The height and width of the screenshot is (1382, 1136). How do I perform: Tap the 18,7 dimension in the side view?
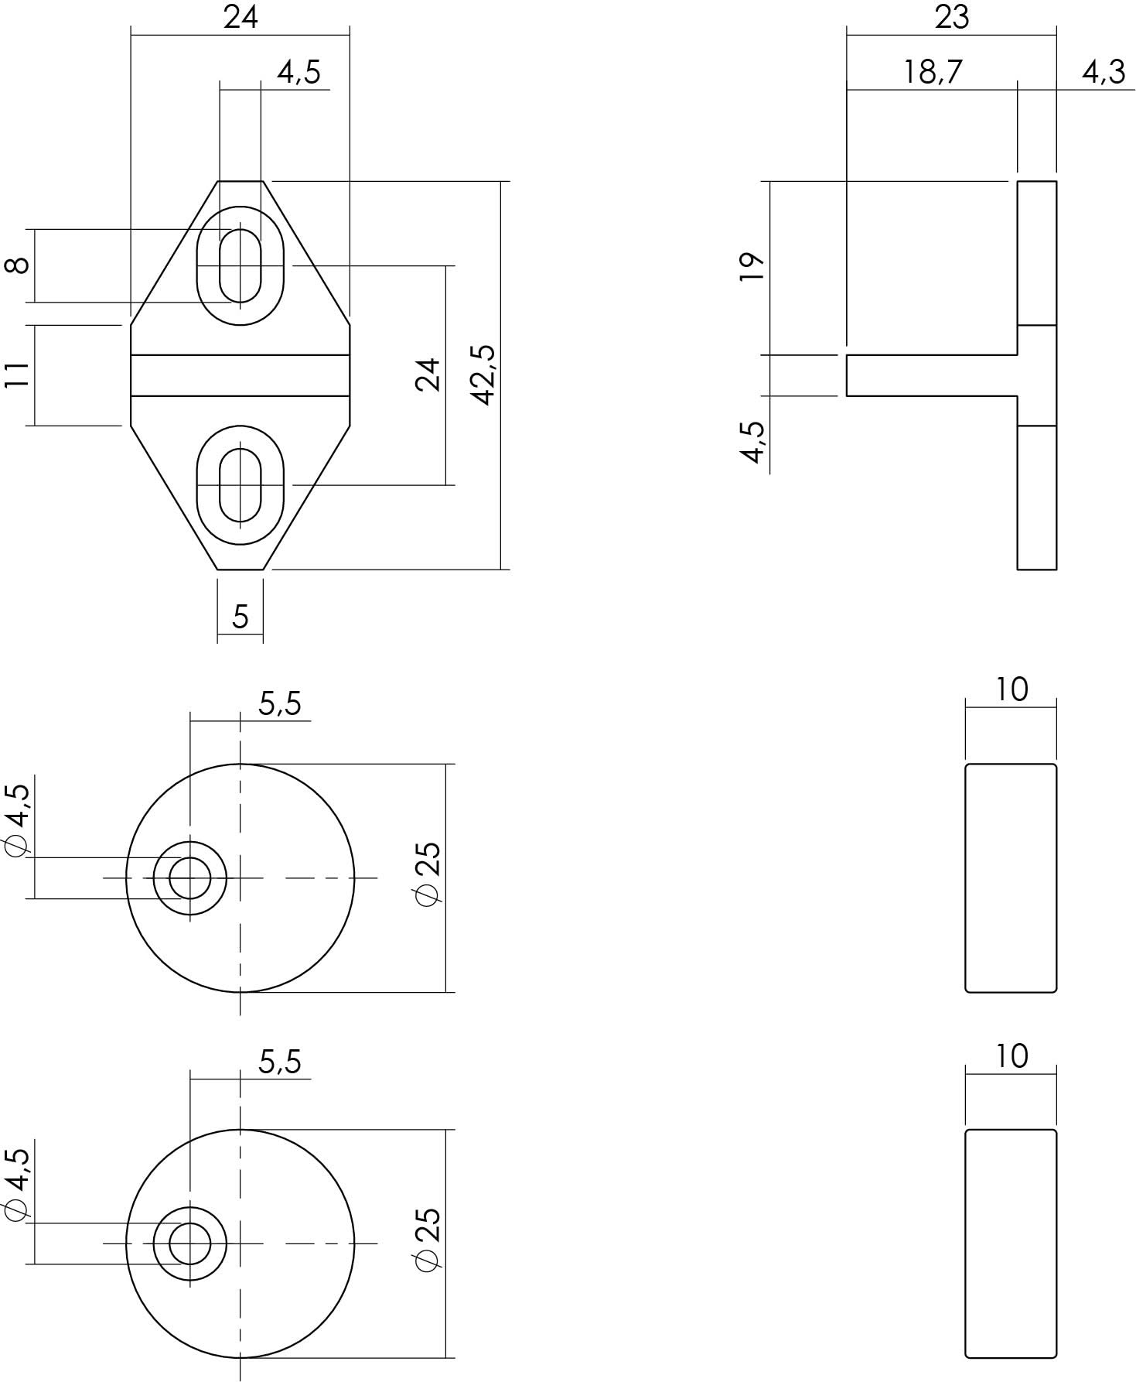point(933,72)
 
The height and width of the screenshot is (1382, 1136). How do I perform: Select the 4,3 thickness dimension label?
point(1103,72)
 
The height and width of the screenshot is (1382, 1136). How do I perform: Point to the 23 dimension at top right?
point(951,17)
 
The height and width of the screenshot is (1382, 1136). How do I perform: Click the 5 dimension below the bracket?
point(241,617)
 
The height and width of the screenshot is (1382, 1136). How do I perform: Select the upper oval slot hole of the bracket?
point(240,265)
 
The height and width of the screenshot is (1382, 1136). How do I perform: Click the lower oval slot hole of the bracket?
point(240,485)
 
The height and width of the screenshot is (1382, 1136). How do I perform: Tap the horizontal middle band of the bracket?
point(240,375)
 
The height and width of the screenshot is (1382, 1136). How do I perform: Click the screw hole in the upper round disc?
point(190,878)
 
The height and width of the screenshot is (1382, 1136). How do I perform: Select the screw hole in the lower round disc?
point(190,1243)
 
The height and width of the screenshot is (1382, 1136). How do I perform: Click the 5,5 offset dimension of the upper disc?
point(279,704)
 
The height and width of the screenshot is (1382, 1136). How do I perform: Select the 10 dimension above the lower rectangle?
point(1011,1055)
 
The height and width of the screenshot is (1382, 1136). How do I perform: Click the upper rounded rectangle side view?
point(1011,877)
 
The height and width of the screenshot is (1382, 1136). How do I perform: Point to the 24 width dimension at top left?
point(241,17)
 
